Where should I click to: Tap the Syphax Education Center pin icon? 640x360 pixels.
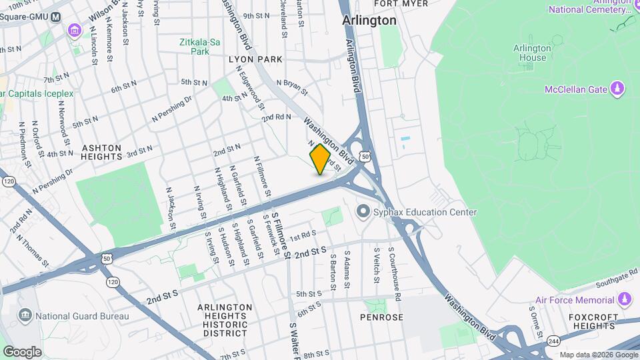click(x=363, y=213)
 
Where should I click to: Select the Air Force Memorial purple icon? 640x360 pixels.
click(x=624, y=300)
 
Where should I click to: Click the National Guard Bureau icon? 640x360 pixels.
click(x=25, y=315)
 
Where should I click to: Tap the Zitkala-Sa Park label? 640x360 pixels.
click(x=195, y=46)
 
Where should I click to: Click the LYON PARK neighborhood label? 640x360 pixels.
click(x=256, y=59)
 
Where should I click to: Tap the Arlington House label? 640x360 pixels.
click(x=532, y=53)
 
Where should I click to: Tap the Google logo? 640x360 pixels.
click(x=22, y=351)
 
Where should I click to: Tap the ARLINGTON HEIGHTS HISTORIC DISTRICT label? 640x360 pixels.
click(x=225, y=319)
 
